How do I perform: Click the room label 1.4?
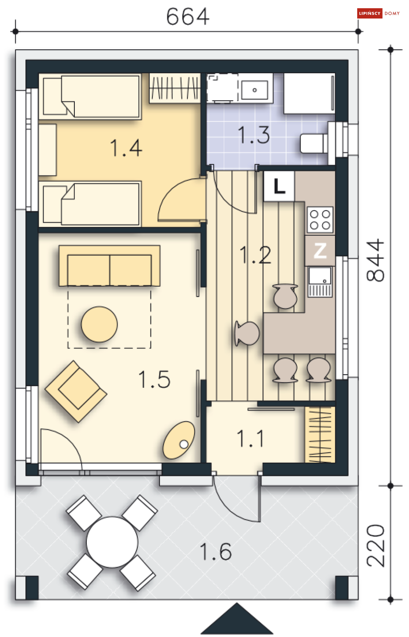pos(126,148)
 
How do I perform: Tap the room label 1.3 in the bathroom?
pos(254,134)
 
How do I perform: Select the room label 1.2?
pos(255,255)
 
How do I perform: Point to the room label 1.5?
pos(154,379)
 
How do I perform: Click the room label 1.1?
pos(250,438)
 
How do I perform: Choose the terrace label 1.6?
pos(216,551)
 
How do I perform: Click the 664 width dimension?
pos(187,16)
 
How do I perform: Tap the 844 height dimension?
pos(375,260)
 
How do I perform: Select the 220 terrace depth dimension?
pos(375,546)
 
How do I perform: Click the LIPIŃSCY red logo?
pos(370,14)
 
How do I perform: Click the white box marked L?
pos(279,186)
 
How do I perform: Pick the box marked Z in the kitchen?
pos(320,250)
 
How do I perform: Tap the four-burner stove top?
pos(320,220)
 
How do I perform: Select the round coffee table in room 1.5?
pos(99,324)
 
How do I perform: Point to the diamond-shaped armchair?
pos(76,391)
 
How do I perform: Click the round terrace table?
pos(112,542)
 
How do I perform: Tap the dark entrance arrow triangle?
pos(237,619)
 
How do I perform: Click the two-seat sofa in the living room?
pos(109,266)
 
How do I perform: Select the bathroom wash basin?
pos(254,90)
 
